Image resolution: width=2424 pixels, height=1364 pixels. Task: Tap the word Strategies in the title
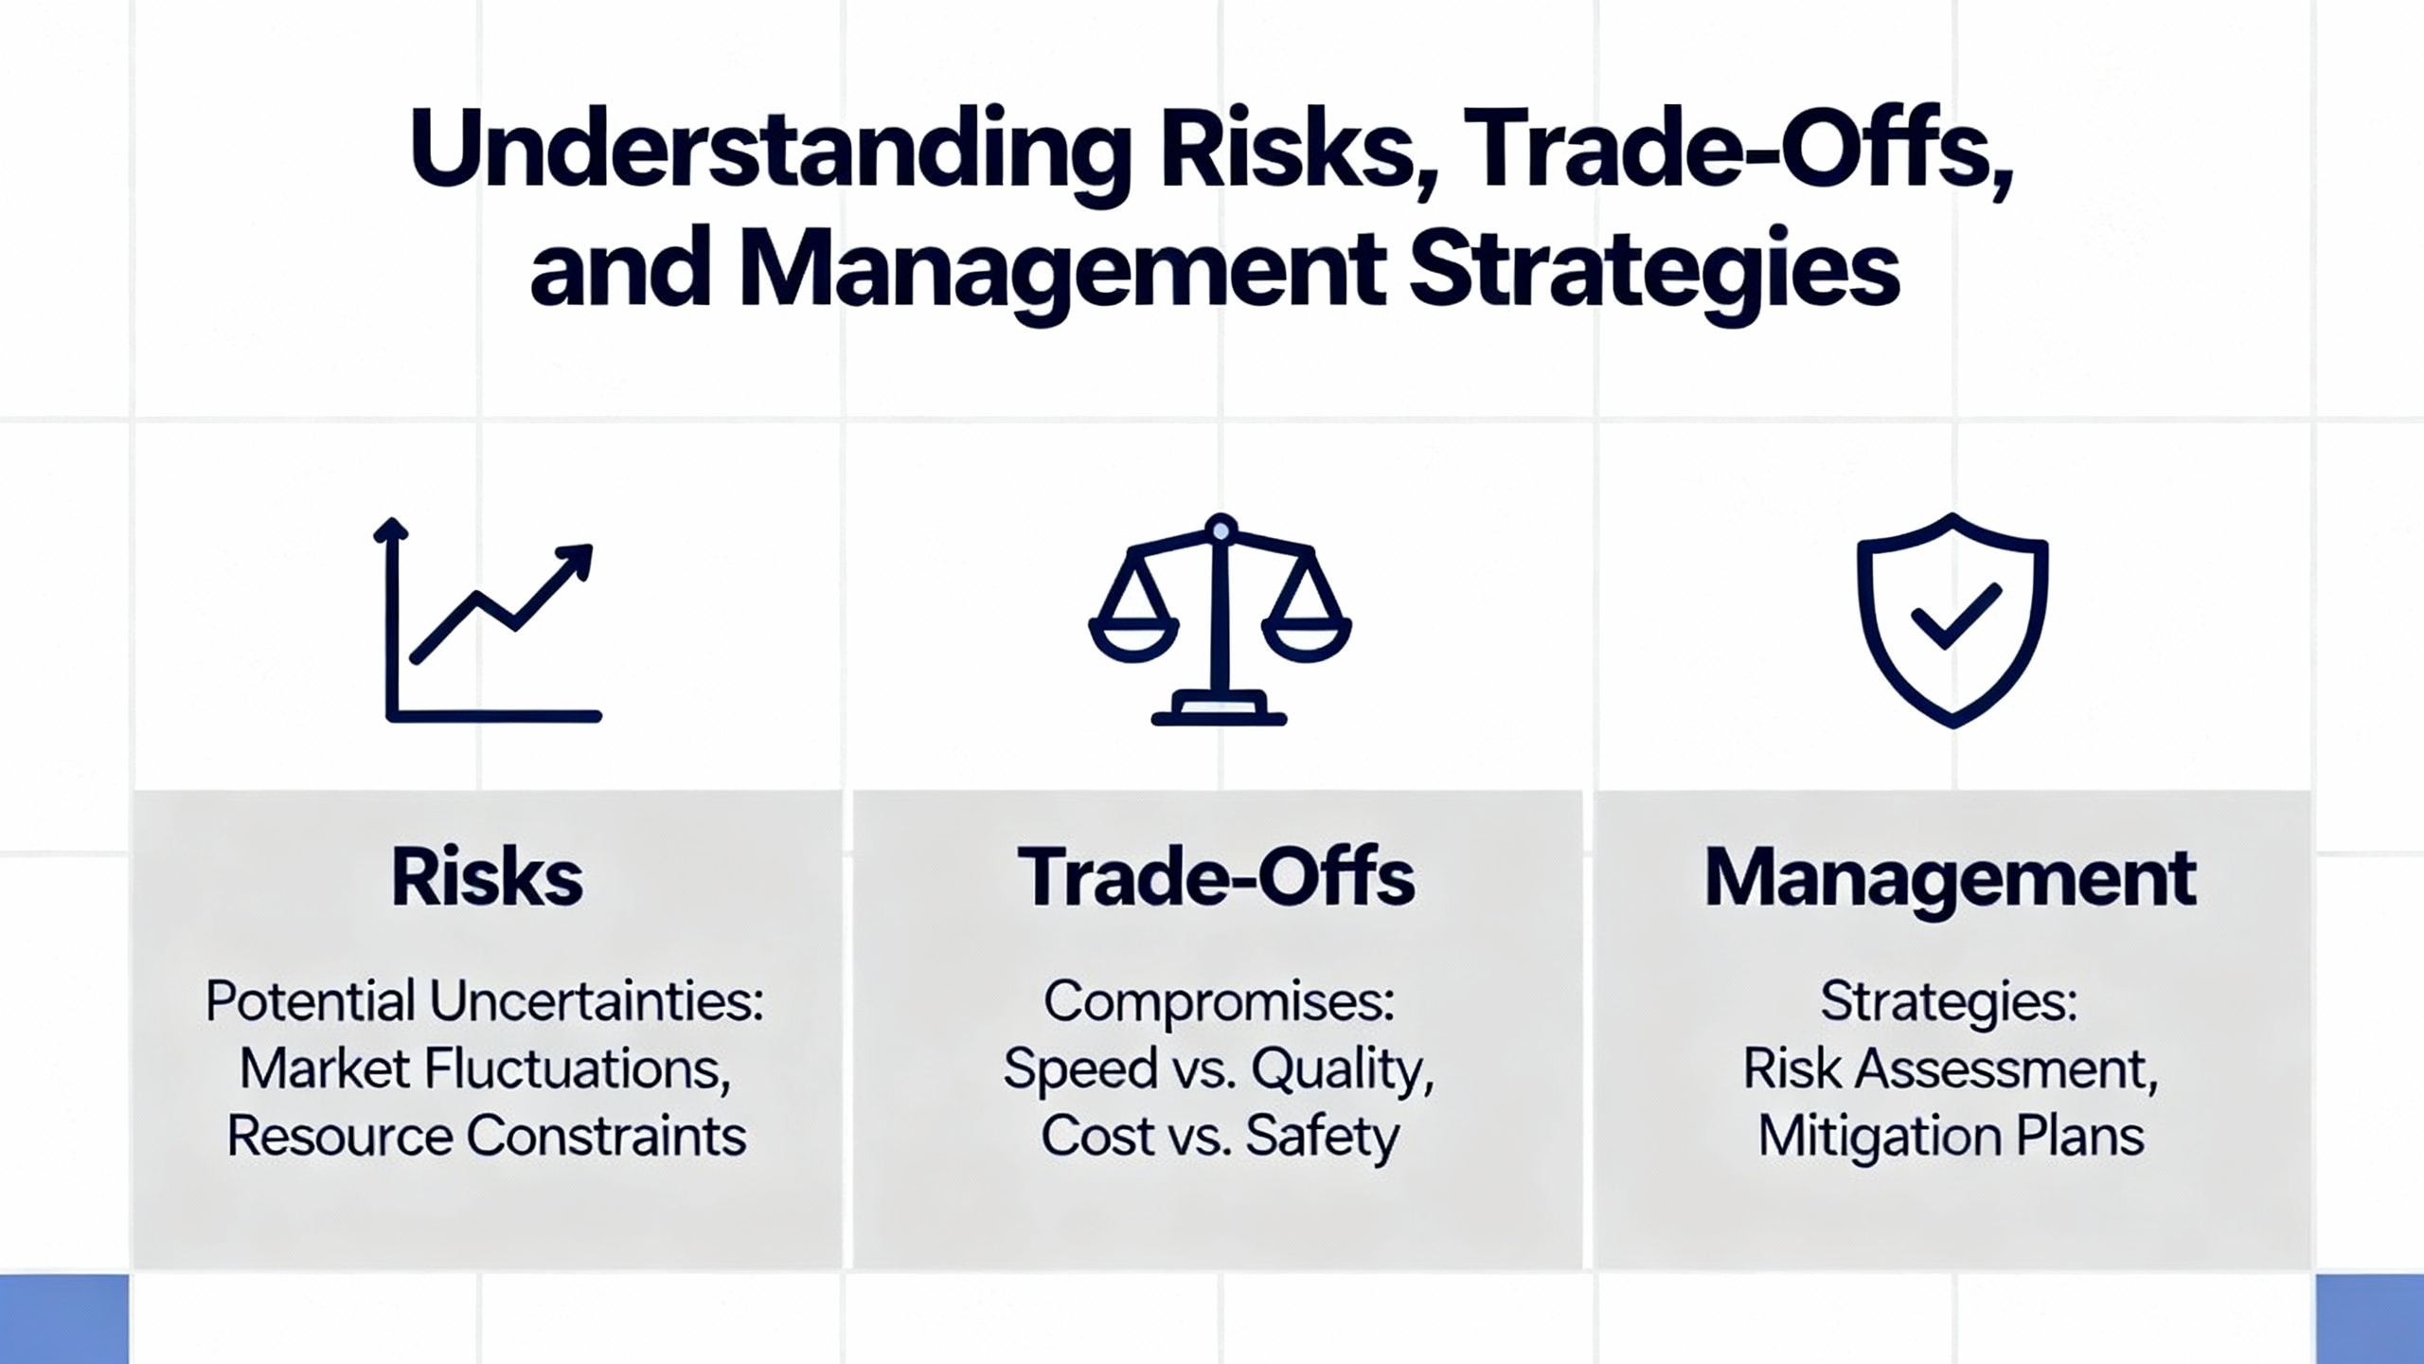tap(1654, 271)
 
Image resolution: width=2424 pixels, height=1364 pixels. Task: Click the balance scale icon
tap(1220, 619)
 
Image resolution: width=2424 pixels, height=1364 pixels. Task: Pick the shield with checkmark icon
tap(1952, 620)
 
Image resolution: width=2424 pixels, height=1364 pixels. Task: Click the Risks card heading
tap(487, 877)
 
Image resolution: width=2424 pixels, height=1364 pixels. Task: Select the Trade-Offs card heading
tap(1217, 877)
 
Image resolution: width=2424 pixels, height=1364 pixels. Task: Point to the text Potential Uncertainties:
tap(485, 1001)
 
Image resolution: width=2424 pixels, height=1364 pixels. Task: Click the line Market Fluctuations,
tap(485, 1070)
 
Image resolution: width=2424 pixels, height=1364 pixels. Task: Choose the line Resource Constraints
tap(487, 1137)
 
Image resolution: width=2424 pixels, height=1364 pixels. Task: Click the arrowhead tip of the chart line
tap(590, 547)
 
